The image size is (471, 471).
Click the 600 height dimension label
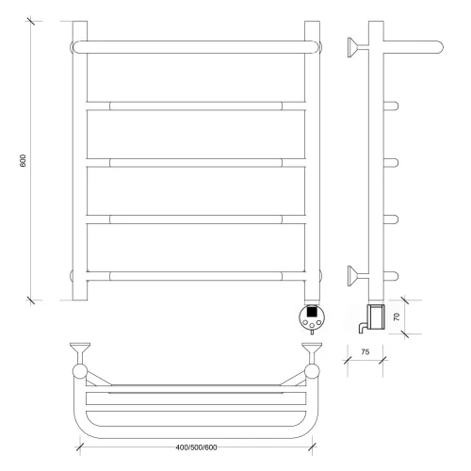pyautogui.click(x=23, y=160)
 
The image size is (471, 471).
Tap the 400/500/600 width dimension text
pyautogui.click(x=196, y=447)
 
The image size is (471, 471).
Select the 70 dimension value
pyautogui.click(x=397, y=317)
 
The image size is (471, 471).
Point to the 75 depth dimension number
pyautogui.click(x=365, y=352)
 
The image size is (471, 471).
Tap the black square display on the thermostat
pyautogui.click(x=312, y=312)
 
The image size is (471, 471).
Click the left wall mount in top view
pyautogui.click(x=80, y=353)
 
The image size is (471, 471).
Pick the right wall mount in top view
pyautogui.click(x=312, y=353)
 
